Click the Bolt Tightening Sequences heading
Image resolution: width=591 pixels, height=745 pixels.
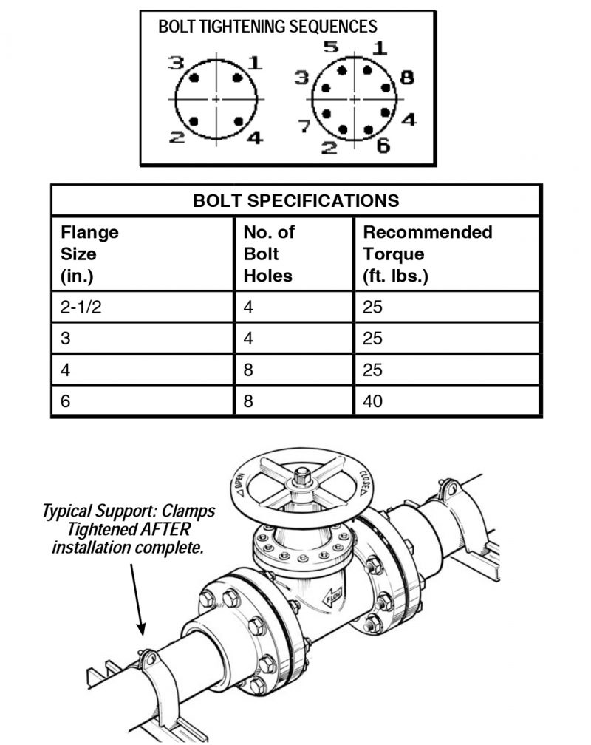coord(267,27)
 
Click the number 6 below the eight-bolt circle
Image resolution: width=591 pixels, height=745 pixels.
coord(383,146)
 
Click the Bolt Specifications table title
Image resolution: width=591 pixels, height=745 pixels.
coord(295,200)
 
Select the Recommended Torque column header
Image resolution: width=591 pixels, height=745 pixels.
coord(427,254)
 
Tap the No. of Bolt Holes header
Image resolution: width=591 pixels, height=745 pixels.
coord(268,254)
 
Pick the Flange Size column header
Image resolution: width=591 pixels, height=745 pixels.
coord(89,254)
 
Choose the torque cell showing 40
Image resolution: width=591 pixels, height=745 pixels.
coord(372,402)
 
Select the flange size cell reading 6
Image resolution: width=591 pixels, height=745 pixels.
coord(66,402)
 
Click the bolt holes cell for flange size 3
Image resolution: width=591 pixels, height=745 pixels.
coord(248,339)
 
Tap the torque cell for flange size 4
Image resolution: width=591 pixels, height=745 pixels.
coord(372,370)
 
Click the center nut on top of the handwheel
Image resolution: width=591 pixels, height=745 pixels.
coord(301,473)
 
